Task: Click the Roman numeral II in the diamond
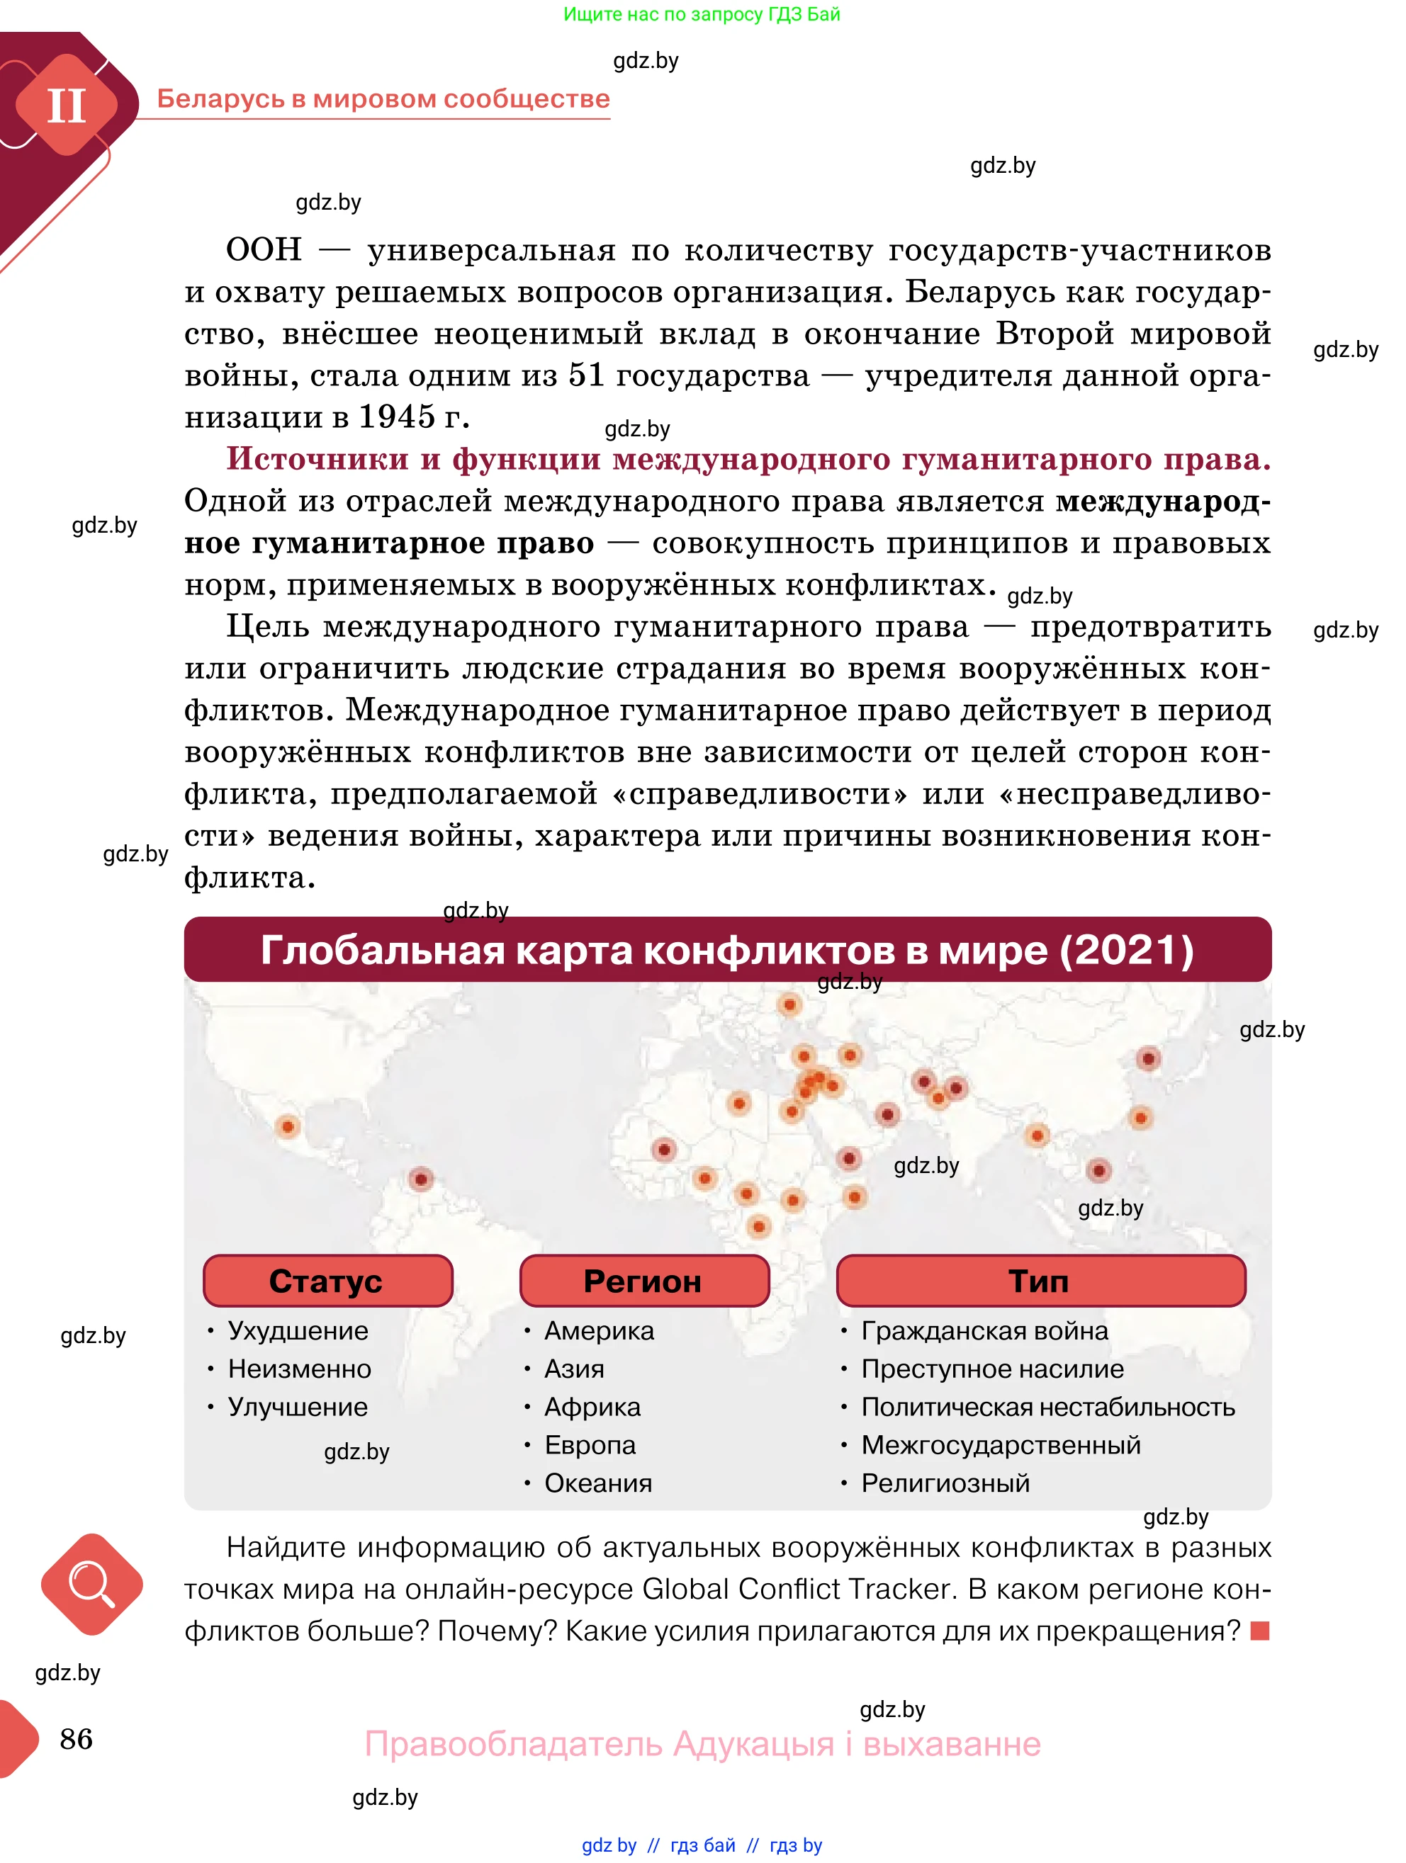pyautogui.click(x=66, y=106)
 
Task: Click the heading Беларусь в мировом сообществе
pyautogui.click(x=383, y=98)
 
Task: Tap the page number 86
pyautogui.click(x=76, y=1739)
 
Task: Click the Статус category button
pyautogui.click(x=327, y=1281)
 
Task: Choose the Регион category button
pyautogui.click(x=643, y=1281)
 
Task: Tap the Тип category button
pyautogui.click(x=1040, y=1281)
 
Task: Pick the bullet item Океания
pyautogui.click(x=597, y=1483)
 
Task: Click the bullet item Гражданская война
pyautogui.click(x=984, y=1331)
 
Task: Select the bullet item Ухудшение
pyautogui.click(x=298, y=1331)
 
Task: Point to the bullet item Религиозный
pyautogui.click(x=945, y=1483)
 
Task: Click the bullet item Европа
pyautogui.click(x=590, y=1445)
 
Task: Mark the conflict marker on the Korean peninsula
pyautogui.click(x=1148, y=1059)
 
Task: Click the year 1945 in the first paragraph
pyautogui.click(x=397, y=417)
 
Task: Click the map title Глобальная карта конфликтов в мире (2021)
pyautogui.click(x=727, y=950)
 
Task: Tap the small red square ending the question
pyautogui.click(x=1259, y=1631)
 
